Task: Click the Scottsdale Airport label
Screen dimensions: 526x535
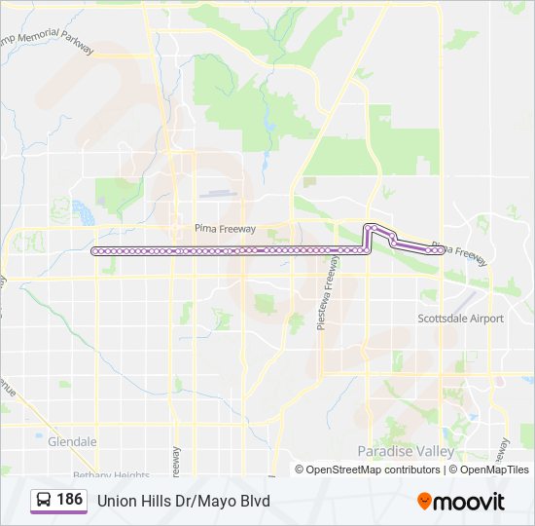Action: (460, 319)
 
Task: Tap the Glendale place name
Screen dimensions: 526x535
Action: (72, 441)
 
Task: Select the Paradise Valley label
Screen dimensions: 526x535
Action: (406, 451)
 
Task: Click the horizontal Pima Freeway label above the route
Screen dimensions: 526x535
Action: (225, 229)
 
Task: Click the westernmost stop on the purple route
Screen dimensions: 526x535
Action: (95, 251)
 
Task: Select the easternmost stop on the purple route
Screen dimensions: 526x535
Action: (442, 250)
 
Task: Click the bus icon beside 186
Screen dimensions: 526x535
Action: (44, 500)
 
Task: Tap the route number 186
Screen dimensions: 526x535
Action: (69, 500)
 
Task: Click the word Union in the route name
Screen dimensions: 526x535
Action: (116, 501)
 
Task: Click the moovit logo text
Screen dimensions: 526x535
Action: (470, 502)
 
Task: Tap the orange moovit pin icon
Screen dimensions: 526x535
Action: (425, 501)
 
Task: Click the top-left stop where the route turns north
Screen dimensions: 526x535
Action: (368, 228)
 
